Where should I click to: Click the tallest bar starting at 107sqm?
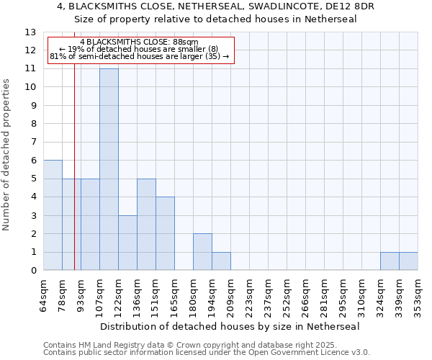tap(109, 169)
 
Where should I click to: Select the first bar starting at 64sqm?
tap(53, 215)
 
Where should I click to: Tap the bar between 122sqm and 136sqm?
tap(127, 243)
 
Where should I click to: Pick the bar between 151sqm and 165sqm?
tap(165, 233)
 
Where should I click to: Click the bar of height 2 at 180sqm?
tap(202, 252)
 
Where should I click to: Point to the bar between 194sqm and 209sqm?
tap(221, 261)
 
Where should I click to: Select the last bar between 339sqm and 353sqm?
tap(408, 261)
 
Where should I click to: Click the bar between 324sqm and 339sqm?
tap(390, 261)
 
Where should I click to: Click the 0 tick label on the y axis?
tap(33, 271)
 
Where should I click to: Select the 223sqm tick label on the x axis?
tap(249, 296)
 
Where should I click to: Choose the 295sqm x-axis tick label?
tap(343, 296)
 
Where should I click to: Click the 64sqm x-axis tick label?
tap(43, 296)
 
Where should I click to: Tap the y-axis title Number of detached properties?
tap(7, 154)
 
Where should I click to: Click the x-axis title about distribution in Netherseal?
tap(230, 326)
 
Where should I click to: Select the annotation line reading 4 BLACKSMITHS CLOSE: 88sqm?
tap(140, 42)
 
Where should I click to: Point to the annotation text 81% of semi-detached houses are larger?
tap(140, 56)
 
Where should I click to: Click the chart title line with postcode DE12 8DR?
tap(216, 6)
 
